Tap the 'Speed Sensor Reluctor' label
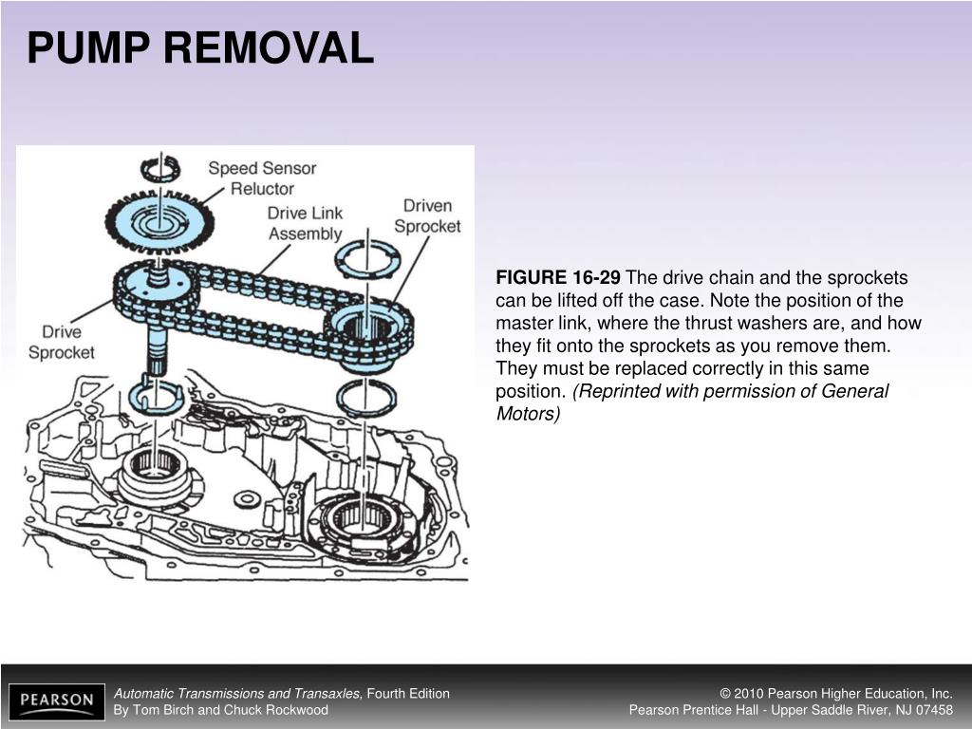(262, 178)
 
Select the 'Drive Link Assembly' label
(305, 223)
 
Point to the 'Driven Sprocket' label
(427, 215)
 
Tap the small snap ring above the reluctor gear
(159, 169)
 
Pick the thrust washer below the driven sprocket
(365, 398)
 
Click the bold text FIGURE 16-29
(558, 278)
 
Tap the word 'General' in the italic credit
(855, 392)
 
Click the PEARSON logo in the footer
(57, 701)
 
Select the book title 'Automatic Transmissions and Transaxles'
(237, 694)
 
